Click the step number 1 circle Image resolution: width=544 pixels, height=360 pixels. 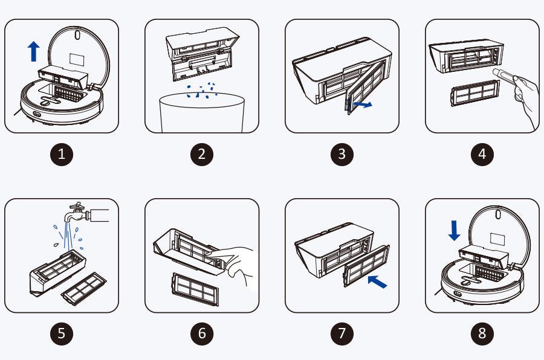point(62,155)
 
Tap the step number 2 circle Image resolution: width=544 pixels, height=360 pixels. point(202,155)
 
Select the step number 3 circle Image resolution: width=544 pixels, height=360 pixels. point(342,155)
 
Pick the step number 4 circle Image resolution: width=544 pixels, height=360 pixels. point(482,155)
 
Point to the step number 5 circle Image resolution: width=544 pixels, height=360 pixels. point(62,333)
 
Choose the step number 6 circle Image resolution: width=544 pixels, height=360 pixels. point(202,333)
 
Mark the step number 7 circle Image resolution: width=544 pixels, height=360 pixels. point(342,333)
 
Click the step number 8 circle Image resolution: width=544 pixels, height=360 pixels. point(482,333)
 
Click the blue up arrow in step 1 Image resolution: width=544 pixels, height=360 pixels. point(34,51)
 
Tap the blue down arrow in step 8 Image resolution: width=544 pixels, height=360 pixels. point(454,230)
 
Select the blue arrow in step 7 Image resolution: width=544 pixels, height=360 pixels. point(377,281)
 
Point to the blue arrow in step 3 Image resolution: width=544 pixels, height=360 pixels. point(362,104)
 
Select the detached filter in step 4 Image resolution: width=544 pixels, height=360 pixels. point(475,93)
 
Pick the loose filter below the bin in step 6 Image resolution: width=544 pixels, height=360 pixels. point(195,289)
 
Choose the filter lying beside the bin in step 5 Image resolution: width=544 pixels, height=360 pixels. point(83,289)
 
